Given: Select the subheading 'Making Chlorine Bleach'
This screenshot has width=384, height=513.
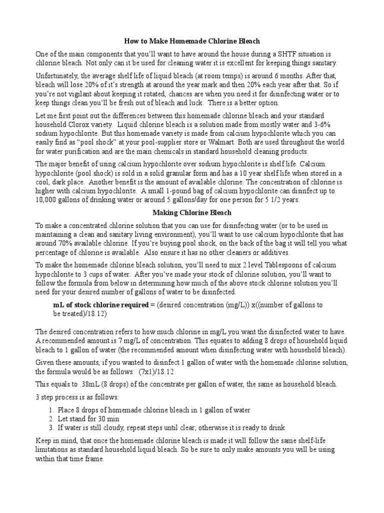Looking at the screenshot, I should coord(192,212).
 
